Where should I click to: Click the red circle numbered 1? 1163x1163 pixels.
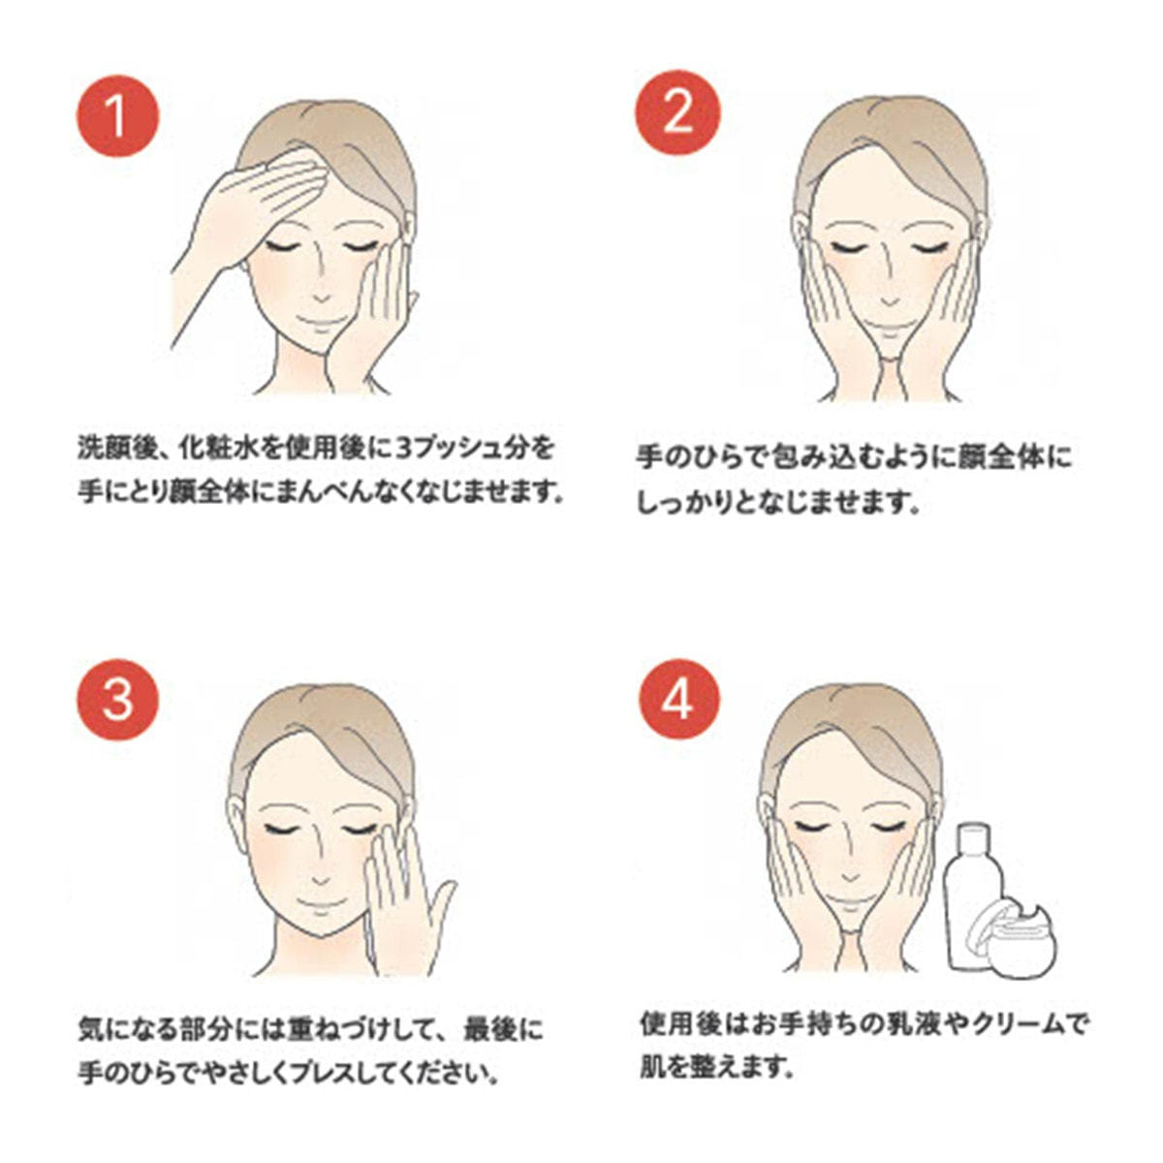coord(117,116)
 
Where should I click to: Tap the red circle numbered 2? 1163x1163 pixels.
coord(677,112)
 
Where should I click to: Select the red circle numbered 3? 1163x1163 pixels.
coord(117,700)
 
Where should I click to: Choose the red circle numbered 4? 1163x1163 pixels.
coord(679,700)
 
